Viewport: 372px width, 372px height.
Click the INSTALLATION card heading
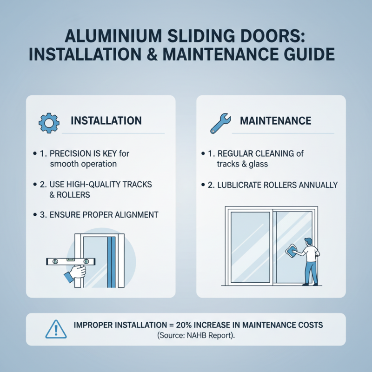[106, 121]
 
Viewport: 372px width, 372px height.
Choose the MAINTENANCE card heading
[275, 121]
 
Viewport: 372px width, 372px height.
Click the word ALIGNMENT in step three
[135, 214]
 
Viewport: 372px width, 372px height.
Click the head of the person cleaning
[309, 242]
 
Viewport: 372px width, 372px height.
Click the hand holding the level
[76, 272]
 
